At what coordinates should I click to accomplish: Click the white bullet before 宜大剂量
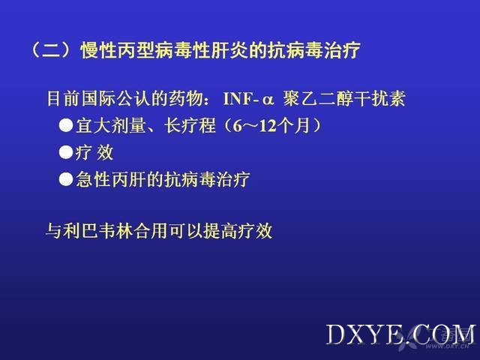coord(66,125)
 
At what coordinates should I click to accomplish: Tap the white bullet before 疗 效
coord(66,152)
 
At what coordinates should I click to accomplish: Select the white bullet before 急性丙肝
coord(66,179)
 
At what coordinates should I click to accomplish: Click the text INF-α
coord(248,99)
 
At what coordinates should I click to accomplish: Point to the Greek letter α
coord(267,100)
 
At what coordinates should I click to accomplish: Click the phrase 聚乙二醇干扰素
coord(344,98)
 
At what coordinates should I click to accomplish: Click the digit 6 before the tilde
coord(237,125)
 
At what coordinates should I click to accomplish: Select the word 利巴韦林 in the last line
coord(98,230)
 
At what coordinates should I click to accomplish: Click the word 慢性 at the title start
coord(99,50)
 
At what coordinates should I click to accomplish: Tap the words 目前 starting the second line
coord(64,98)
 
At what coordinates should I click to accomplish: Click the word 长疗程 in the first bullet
coord(190,125)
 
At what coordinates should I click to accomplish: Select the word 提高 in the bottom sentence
coord(220,230)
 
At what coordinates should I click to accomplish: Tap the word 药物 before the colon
coord(186,98)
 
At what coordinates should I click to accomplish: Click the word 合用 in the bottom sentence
coord(150,230)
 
